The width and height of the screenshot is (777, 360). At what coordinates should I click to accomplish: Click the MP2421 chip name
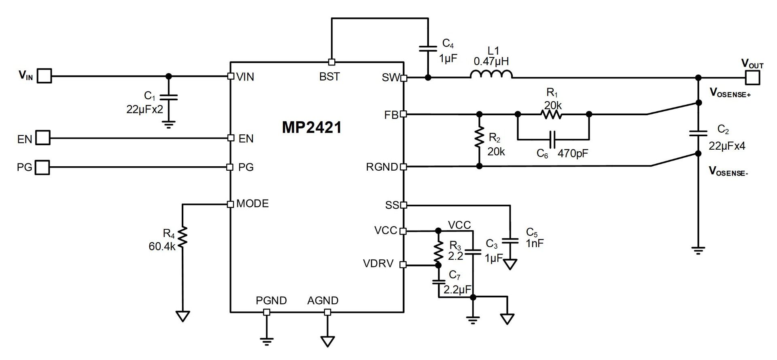312,128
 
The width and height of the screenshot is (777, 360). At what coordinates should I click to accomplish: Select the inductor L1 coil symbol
491,74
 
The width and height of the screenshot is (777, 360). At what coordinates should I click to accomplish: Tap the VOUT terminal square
752,77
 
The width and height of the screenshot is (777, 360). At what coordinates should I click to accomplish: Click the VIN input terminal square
45,76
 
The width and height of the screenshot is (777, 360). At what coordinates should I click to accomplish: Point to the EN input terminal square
43,138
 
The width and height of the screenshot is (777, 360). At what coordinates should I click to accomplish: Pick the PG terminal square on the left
42,167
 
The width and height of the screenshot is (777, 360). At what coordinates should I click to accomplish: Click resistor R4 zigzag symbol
183,237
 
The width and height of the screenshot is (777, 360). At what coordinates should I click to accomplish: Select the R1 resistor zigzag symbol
551,114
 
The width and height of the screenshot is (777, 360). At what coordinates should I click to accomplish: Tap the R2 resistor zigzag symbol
480,138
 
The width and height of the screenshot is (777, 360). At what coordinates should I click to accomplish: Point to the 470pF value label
573,154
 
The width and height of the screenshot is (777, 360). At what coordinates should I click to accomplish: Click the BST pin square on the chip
331,62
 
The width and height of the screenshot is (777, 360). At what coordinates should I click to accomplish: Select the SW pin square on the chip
403,78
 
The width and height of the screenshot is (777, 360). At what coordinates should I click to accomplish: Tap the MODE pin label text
253,203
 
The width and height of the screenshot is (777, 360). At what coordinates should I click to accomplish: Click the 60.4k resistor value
162,246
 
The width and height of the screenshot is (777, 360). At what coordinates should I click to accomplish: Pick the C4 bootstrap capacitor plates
428,49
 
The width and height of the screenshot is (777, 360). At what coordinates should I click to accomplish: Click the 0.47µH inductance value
491,61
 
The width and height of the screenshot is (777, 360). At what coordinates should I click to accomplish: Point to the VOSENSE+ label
730,93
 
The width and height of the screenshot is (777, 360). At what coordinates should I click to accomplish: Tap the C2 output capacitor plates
698,133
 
